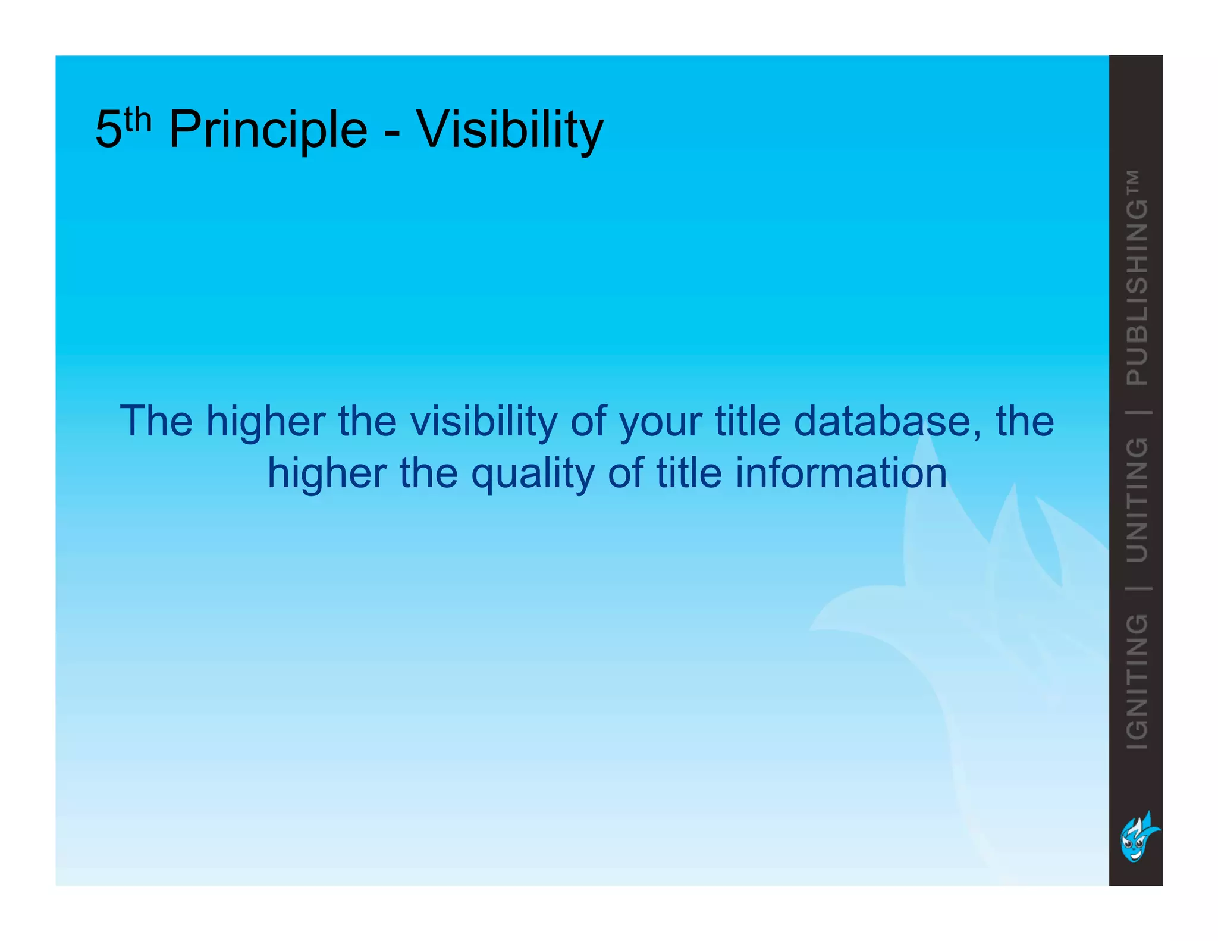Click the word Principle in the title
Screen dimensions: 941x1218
tap(268, 130)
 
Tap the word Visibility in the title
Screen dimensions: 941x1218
tap(510, 130)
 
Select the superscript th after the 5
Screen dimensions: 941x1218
tap(139, 120)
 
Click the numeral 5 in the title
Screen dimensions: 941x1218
tap(108, 130)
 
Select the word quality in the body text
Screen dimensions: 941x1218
tap(532, 474)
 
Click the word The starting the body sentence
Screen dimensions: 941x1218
tap(156, 421)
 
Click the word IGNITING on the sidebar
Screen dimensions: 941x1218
tap(1137, 681)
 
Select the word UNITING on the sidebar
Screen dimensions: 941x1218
tap(1137, 500)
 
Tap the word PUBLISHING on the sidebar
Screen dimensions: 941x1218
tap(1137, 293)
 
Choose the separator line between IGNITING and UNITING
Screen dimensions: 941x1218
tap(1137, 588)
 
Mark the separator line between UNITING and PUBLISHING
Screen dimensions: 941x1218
tap(1137, 412)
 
